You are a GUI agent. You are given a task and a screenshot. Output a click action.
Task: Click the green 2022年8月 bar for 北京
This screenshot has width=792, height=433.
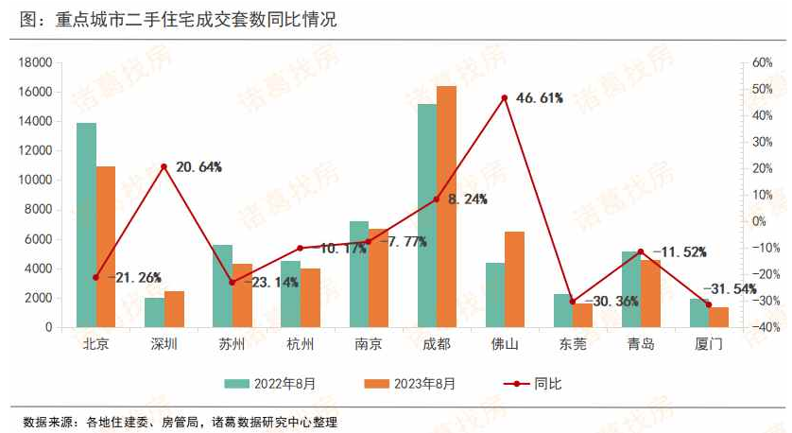(86, 225)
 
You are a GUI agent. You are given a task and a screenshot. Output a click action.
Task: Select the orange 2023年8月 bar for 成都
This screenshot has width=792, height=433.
(446, 206)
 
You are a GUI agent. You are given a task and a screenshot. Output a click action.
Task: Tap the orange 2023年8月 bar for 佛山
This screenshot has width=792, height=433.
(514, 279)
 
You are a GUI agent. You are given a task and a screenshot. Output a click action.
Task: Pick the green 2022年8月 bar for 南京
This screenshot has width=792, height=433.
(359, 274)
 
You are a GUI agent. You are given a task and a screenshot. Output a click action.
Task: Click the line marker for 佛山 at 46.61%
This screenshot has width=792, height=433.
(505, 97)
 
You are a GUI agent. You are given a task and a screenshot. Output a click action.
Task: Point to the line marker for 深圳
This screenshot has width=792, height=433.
(164, 166)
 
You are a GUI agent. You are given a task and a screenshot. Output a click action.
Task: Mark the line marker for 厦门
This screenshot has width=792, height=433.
(709, 304)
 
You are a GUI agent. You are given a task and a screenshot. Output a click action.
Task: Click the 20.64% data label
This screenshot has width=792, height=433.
(198, 167)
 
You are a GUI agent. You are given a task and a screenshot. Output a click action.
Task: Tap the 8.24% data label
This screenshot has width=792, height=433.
(467, 199)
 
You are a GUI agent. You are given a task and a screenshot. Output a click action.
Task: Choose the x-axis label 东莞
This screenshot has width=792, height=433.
(572, 343)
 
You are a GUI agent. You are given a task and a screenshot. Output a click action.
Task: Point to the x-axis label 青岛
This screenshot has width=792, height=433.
(640, 343)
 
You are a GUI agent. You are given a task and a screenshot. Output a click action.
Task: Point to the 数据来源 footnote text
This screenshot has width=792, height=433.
(180, 422)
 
